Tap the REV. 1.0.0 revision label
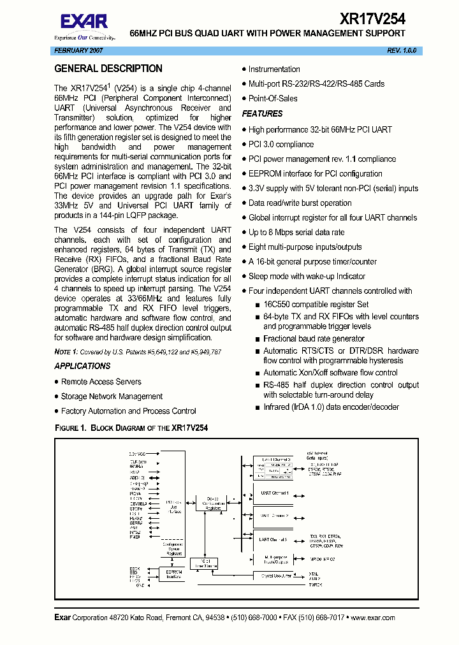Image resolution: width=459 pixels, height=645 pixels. pyautogui.click(x=402, y=50)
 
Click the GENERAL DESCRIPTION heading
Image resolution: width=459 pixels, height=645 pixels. pyautogui.click(x=108, y=69)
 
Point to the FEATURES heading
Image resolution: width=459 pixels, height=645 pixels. pyautogui.click(x=262, y=113)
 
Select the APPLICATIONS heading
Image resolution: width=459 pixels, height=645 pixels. pyautogui.click(x=82, y=366)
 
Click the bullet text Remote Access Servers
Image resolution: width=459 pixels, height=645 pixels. pyautogui.click(x=101, y=382)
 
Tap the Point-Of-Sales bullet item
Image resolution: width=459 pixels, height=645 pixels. pyautogui.click(x=273, y=99)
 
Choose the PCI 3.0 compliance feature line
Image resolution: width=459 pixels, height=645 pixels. pyautogui.click(x=280, y=145)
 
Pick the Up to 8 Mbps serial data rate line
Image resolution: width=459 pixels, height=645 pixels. pyautogui.click(x=296, y=233)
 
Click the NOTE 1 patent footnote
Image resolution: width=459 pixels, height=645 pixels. pyautogui.click(x=138, y=352)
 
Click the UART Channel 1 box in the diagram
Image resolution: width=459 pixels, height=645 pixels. pyautogui.click(x=275, y=493)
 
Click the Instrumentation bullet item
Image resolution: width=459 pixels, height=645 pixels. pyautogui.click(x=274, y=69)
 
